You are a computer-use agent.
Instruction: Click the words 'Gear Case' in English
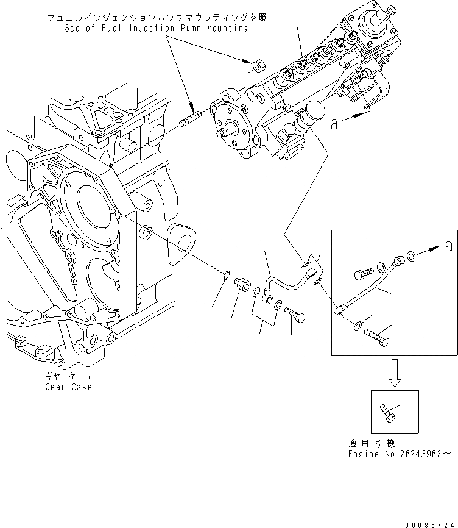(x=68, y=387)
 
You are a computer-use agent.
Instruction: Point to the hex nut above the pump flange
(x=258, y=65)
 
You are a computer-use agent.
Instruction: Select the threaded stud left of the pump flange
(x=191, y=121)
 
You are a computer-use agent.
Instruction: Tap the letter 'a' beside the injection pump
(x=334, y=124)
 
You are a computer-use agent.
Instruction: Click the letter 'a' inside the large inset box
(x=449, y=246)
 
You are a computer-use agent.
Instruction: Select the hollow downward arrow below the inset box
(x=395, y=373)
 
